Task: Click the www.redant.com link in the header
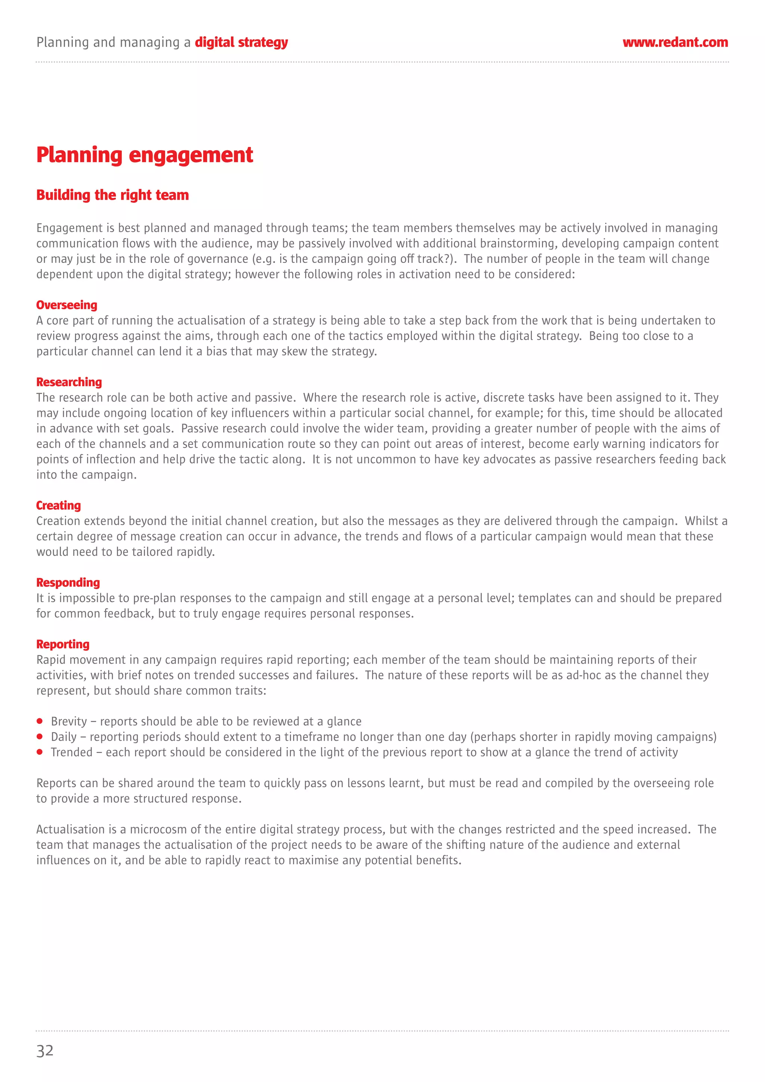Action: [675, 43]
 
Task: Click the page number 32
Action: [45, 1050]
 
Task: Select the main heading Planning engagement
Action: [145, 155]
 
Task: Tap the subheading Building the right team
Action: [113, 195]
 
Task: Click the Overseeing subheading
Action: [67, 305]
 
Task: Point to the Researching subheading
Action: [69, 382]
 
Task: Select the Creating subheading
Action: [58, 505]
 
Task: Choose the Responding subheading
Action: [68, 583]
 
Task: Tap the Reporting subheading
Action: [63, 644]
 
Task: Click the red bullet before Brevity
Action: [40, 721]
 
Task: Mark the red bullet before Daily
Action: [40, 737]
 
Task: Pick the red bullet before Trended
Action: [40, 752]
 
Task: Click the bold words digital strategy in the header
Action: [241, 43]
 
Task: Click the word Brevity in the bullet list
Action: [69, 722]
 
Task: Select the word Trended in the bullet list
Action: [72, 752]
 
